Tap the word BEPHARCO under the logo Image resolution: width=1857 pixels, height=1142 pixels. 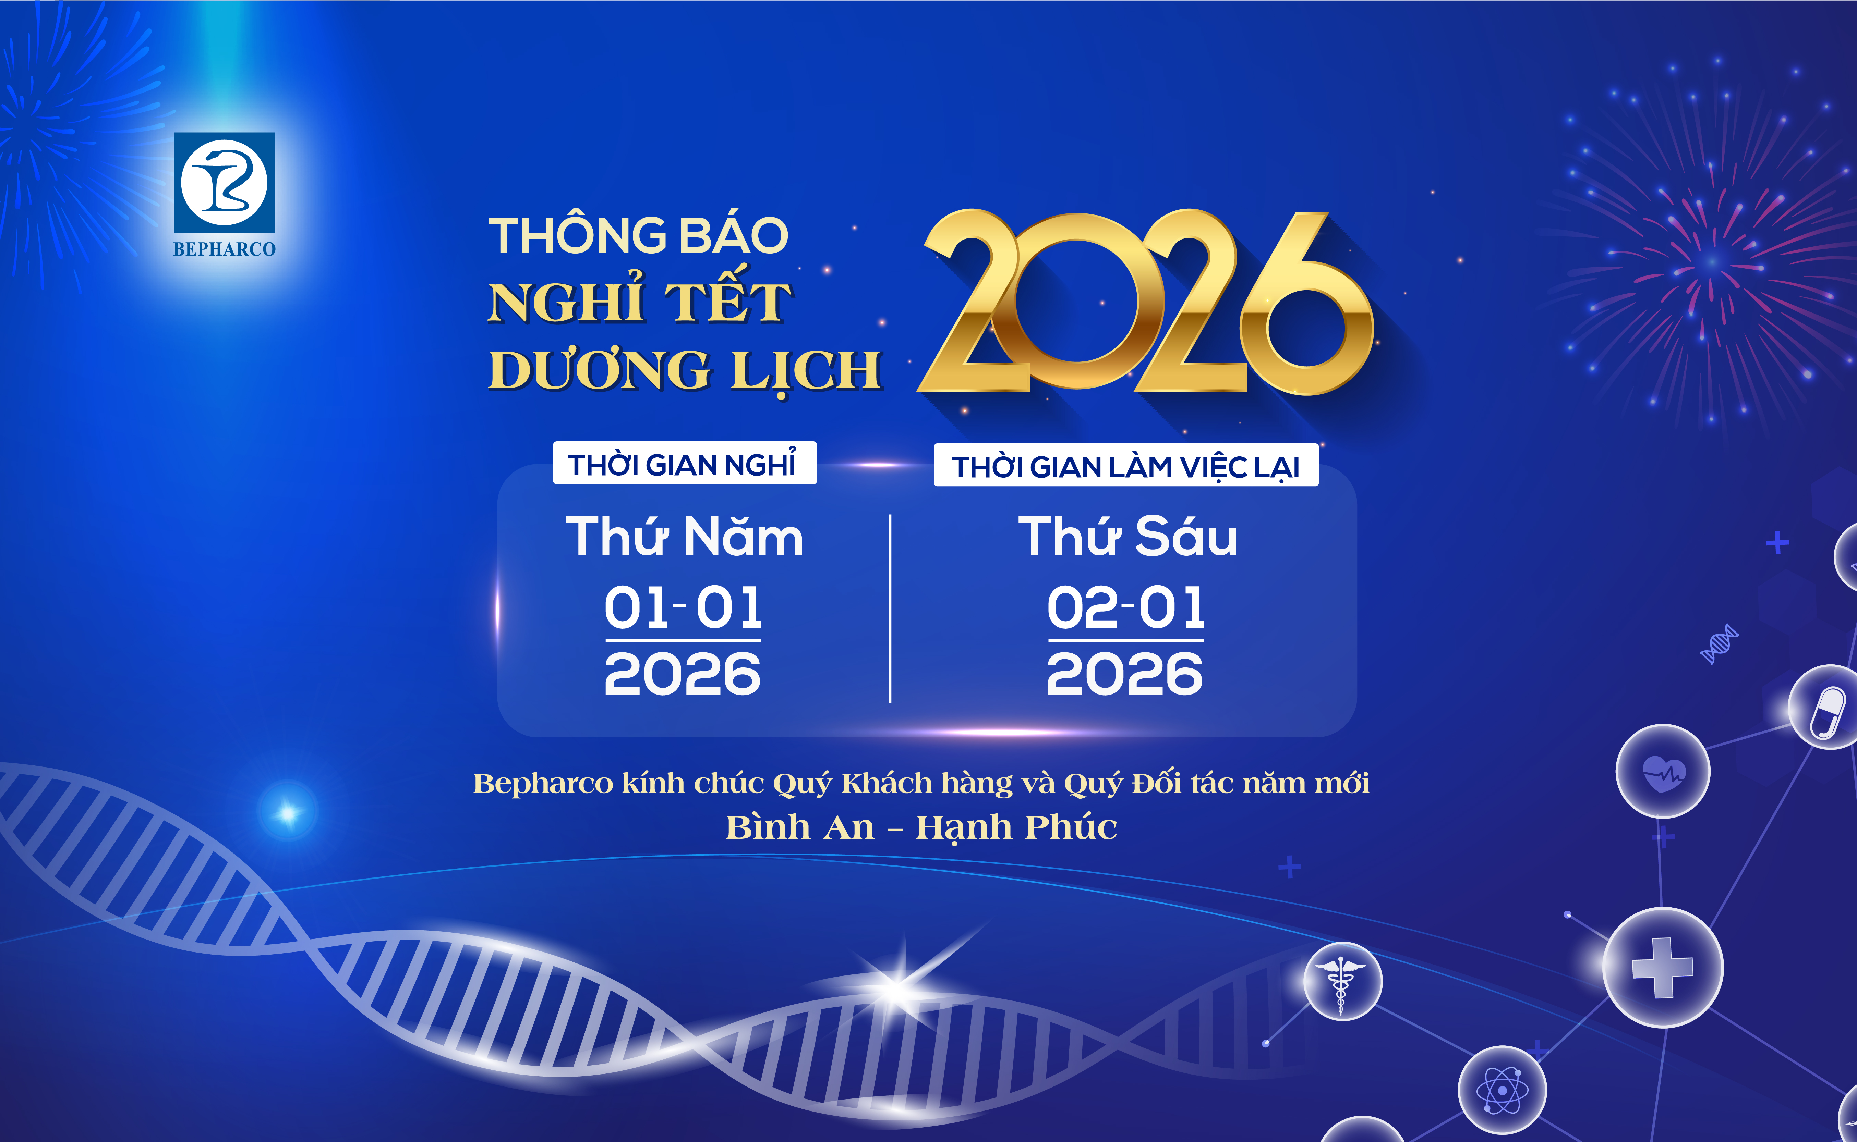(225, 249)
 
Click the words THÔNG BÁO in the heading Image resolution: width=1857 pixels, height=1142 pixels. (638, 236)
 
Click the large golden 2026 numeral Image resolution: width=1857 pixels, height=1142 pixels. (1145, 302)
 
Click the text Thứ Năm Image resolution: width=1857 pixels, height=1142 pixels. (684, 538)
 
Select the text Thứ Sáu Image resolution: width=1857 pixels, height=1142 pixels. (1127, 538)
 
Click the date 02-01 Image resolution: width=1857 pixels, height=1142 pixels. (1126, 608)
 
